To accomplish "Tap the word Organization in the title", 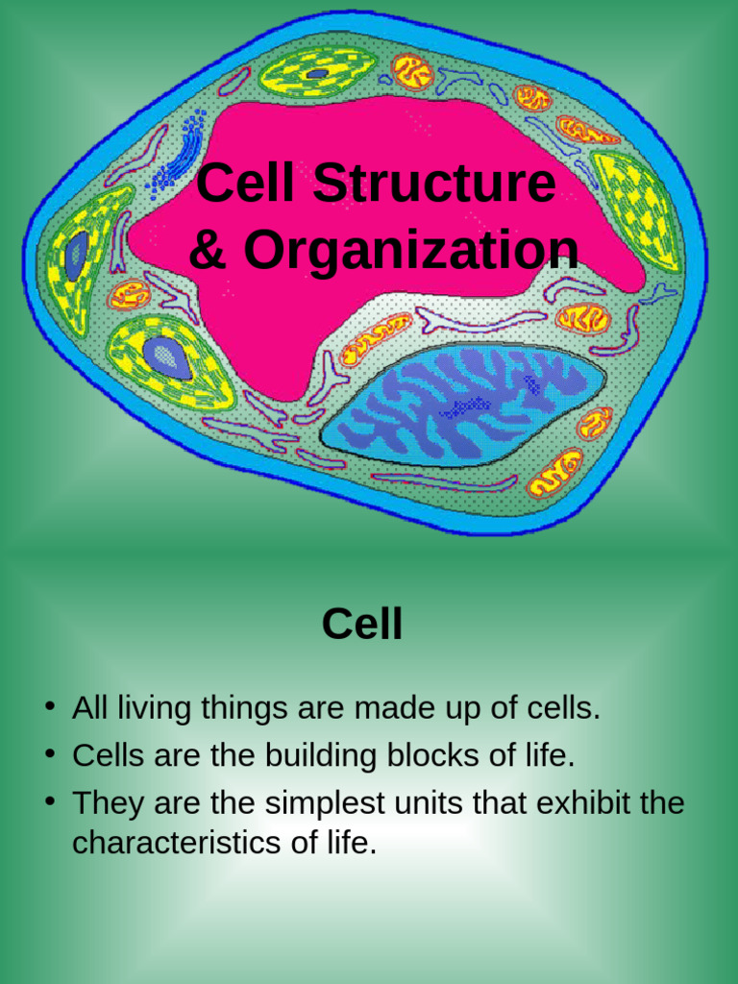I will coord(410,251).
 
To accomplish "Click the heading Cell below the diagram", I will coord(361,625).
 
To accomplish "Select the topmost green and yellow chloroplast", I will coord(318,72).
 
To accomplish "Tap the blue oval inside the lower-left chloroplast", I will coord(166,357).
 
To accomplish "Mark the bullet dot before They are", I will coord(48,802).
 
